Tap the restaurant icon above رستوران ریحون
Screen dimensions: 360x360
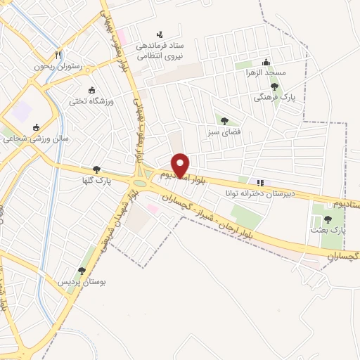click(60, 55)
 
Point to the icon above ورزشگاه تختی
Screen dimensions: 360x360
click(91, 89)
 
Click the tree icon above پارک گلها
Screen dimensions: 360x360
click(96, 169)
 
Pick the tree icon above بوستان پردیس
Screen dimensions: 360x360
click(82, 271)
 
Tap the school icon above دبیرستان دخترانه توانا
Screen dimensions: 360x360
click(261, 182)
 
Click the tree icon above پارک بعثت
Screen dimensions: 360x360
click(328, 219)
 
